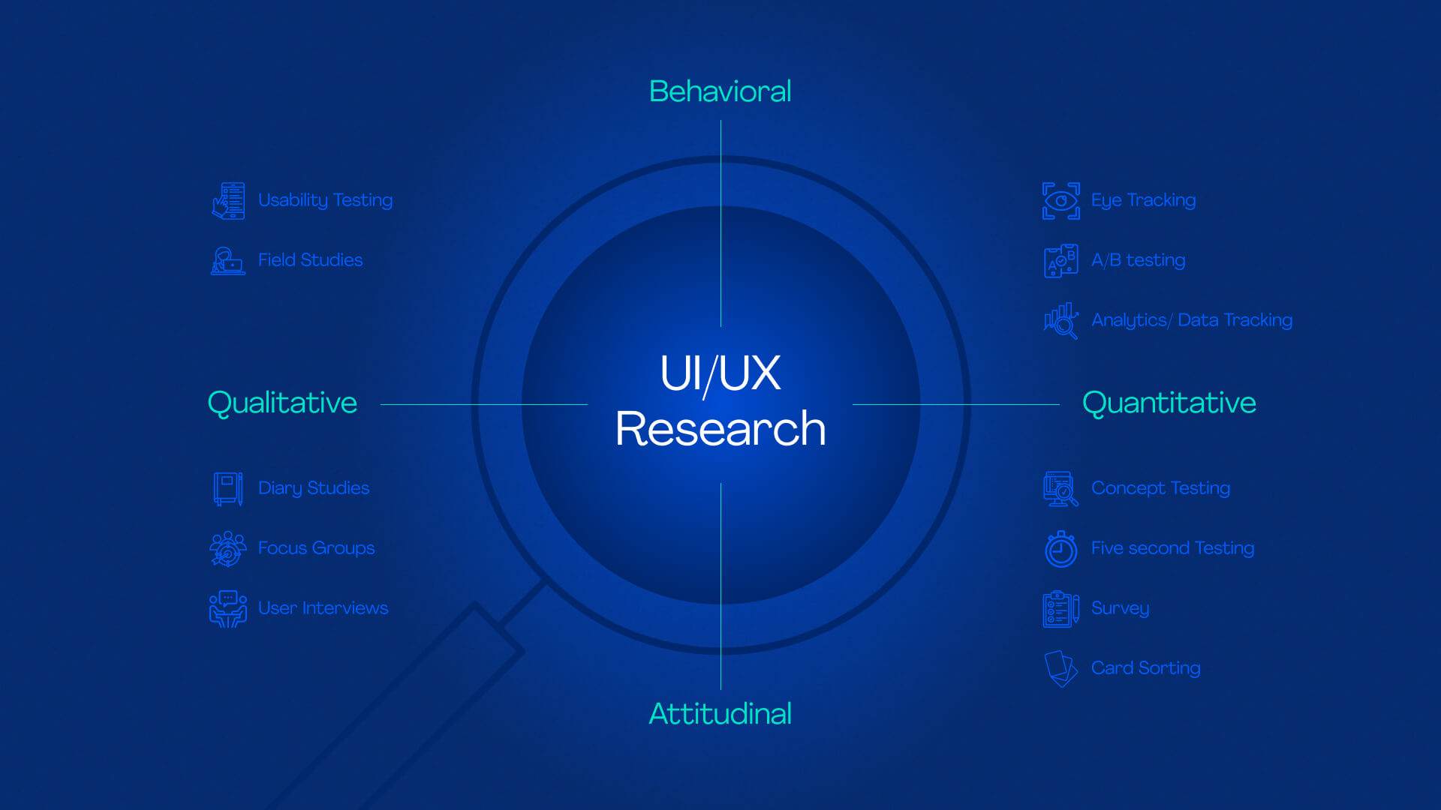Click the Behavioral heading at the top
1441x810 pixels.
(x=720, y=91)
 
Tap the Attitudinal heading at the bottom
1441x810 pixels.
(x=720, y=714)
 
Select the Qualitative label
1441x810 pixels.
(x=282, y=403)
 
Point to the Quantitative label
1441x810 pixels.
(x=1169, y=403)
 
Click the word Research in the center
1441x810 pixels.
(x=720, y=429)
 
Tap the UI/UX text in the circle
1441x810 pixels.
(x=720, y=373)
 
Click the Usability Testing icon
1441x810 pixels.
(x=229, y=201)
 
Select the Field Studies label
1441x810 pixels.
(x=310, y=260)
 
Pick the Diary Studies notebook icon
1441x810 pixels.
(x=228, y=488)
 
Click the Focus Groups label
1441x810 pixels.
(x=316, y=548)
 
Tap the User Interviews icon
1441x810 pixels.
(x=228, y=608)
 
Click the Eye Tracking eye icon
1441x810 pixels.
(x=1061, y=201)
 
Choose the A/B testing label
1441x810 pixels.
(x=1138, y=260)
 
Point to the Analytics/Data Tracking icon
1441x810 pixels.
(x=1061, y=321)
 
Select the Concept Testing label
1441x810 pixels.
(x=1160, y=488)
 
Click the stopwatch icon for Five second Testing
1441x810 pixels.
(x=1061, y=549)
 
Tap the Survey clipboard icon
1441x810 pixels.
(x=1061, y=608)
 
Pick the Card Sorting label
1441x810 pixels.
(x=1145, y=668)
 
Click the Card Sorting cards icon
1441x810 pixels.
(x=1061, y=668)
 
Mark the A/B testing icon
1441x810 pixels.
(x=1061, y=261)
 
